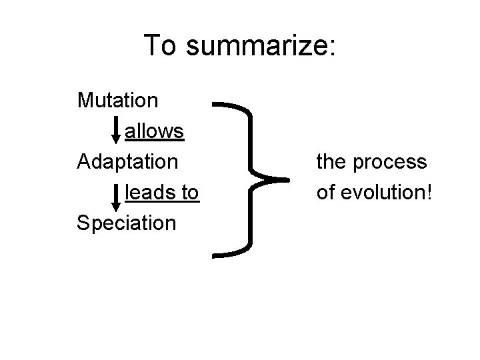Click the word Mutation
pos(118,101)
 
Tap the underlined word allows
pos(154,131)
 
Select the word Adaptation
pos(127,162)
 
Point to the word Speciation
pos(127,223)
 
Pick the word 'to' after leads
pos(189,193)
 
